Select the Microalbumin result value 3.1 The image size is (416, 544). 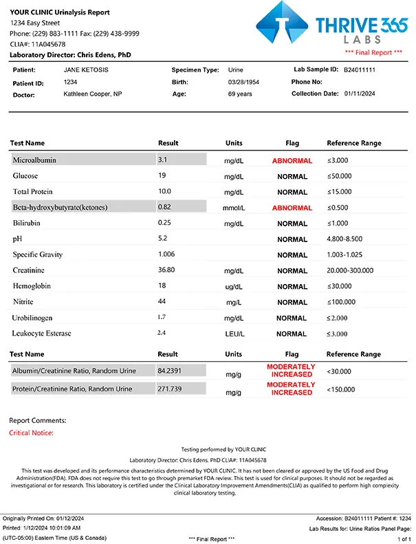(163, 160)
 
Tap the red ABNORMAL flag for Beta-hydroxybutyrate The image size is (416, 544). (292, 208)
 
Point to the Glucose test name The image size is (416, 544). (25, 176)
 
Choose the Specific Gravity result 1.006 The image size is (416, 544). (166, 254)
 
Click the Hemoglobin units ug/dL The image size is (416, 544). (234, 286)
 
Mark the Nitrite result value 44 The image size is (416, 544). (163, 302)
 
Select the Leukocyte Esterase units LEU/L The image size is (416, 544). (234, 334)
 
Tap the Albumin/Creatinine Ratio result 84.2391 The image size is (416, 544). (173, 371)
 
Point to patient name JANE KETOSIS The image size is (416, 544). (87, 70)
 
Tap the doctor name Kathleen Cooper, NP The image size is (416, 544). (93, 94)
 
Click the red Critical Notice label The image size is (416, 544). (31, 433)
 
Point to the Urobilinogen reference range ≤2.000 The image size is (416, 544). (340, 318)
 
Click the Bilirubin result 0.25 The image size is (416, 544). (164, 223)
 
